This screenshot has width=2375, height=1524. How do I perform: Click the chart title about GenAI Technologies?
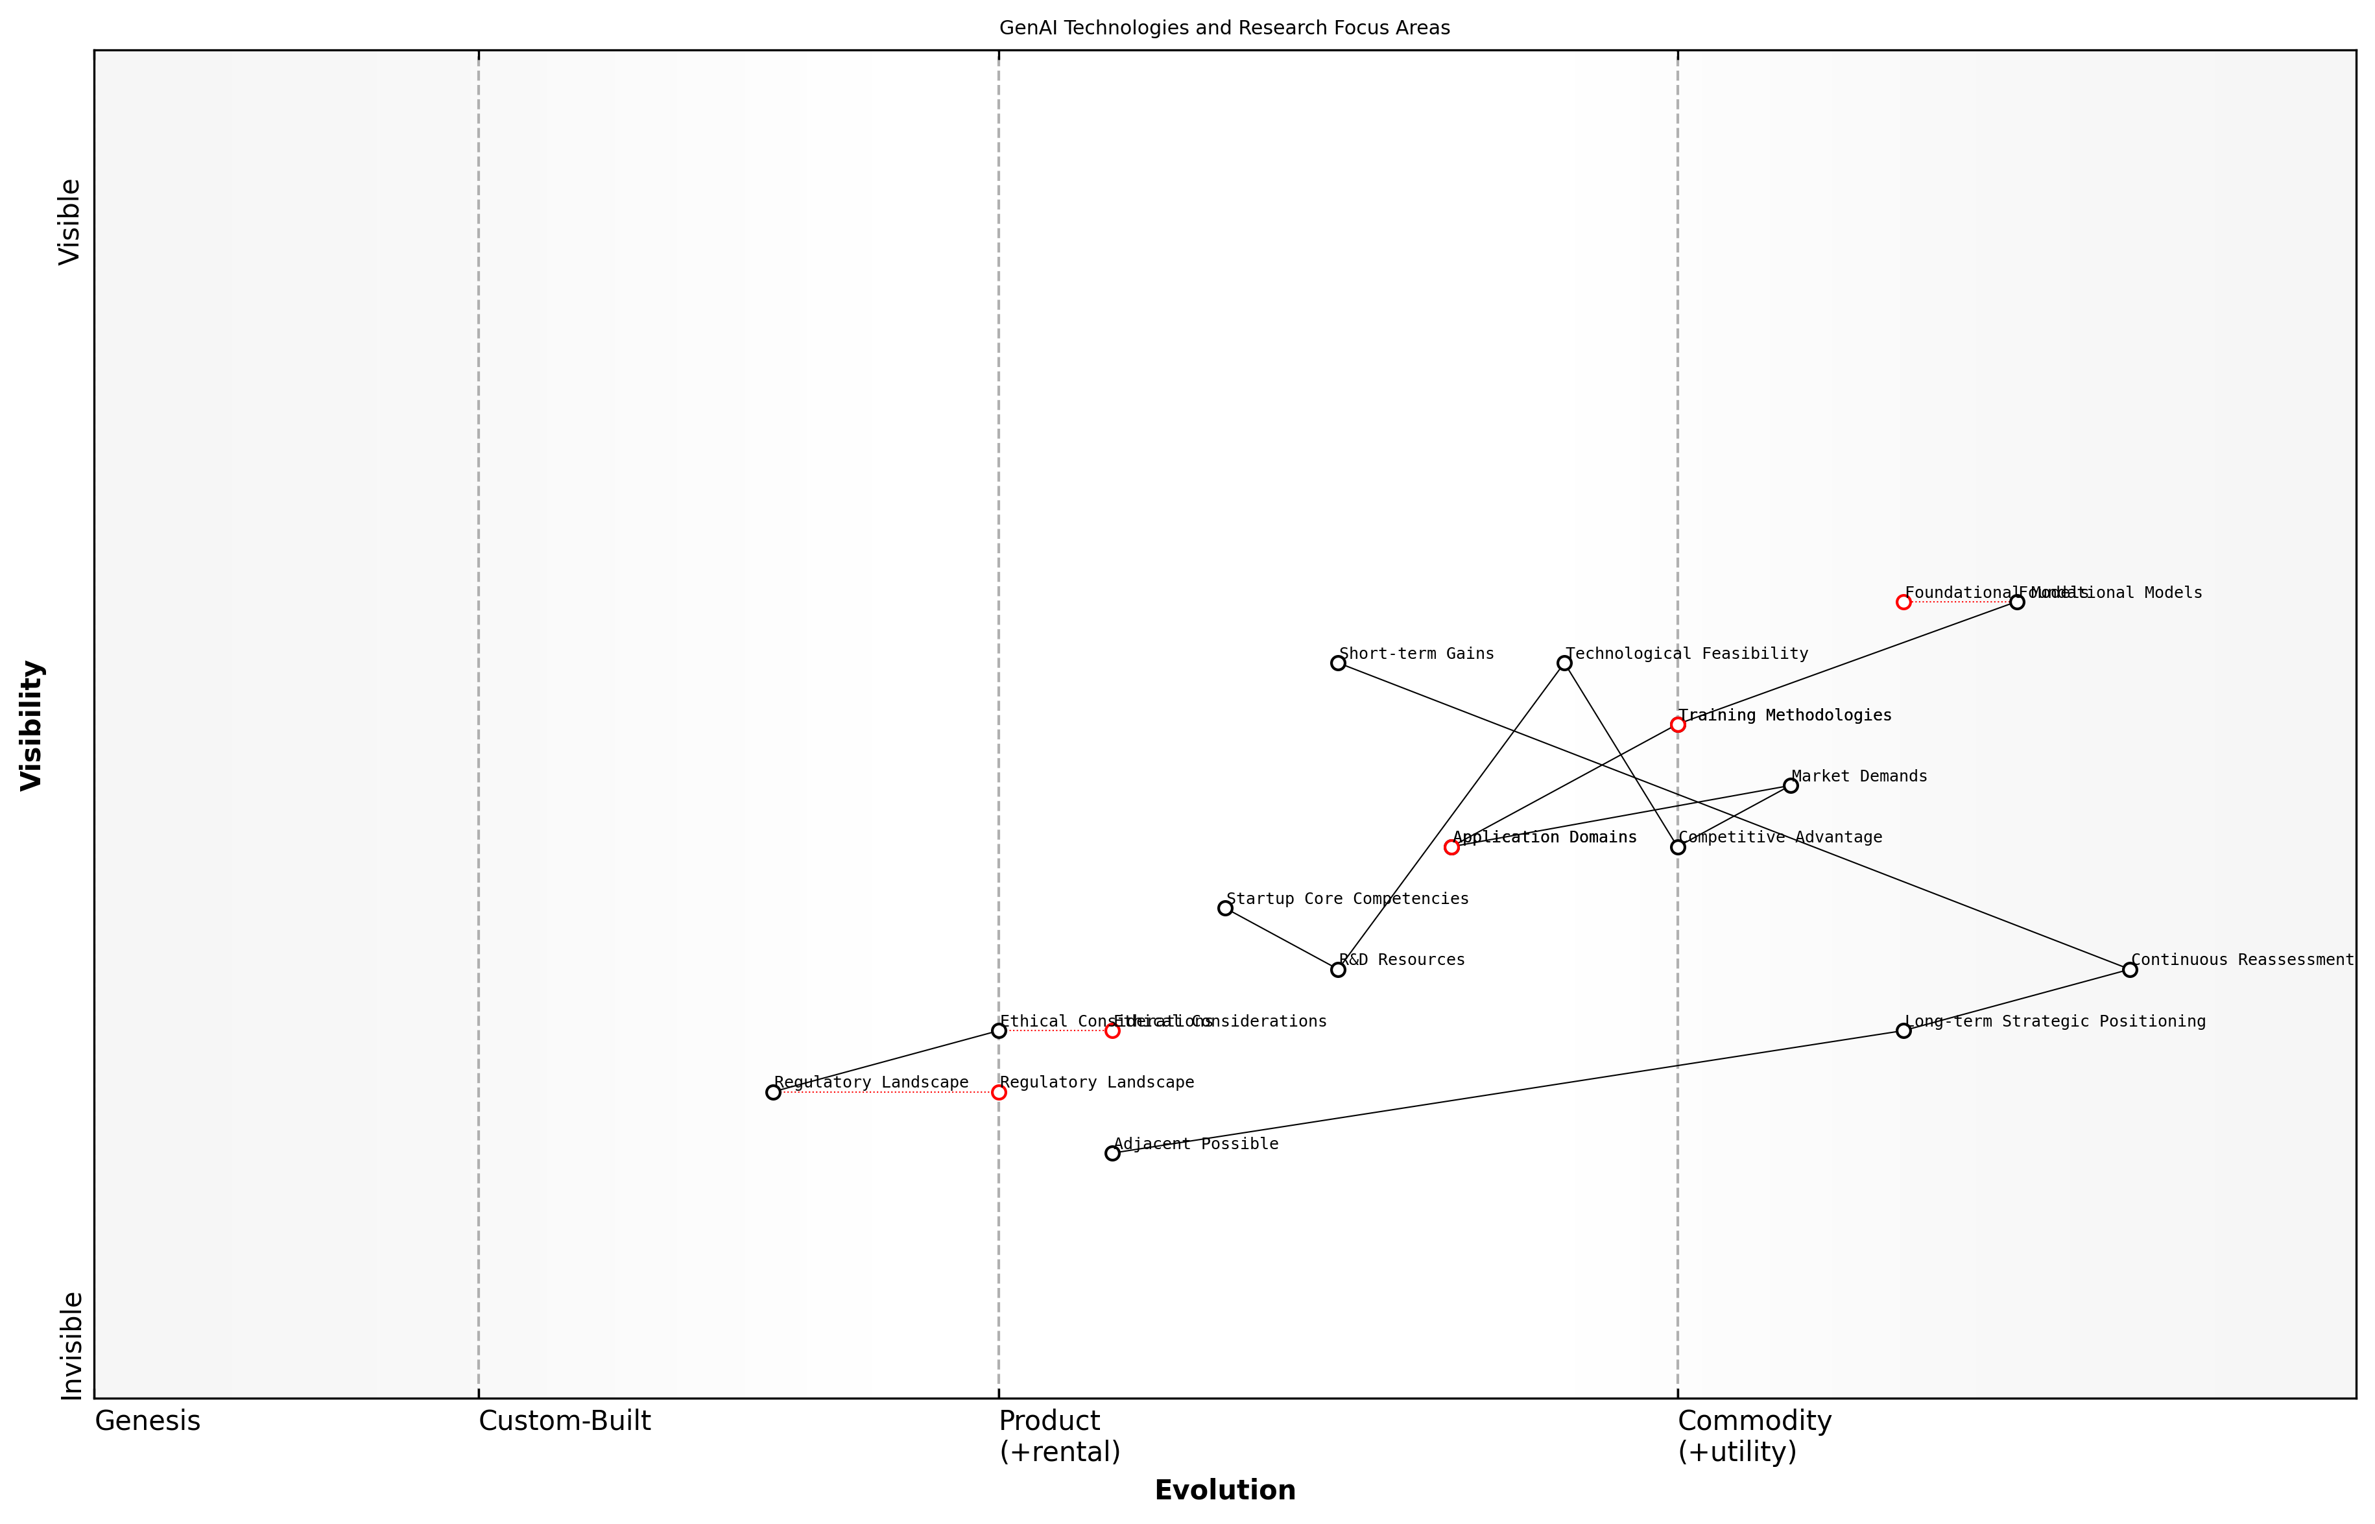tap(1224, 28)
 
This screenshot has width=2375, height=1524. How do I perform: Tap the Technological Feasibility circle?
tap(1564, 663)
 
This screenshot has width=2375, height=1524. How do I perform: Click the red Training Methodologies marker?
tap(1677, 724)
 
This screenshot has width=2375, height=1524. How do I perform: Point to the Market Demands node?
tap(1790, 786)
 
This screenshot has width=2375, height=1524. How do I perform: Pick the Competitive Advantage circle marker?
tap(1677, 847)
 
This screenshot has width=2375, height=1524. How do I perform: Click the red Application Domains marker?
tap(1451, 847)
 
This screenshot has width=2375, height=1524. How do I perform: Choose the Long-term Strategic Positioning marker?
tap(1903, 1031)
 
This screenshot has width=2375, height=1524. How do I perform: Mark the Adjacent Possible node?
tap(1112, 1153)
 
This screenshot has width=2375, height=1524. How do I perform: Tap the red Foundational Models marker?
tap(1903, 602)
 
